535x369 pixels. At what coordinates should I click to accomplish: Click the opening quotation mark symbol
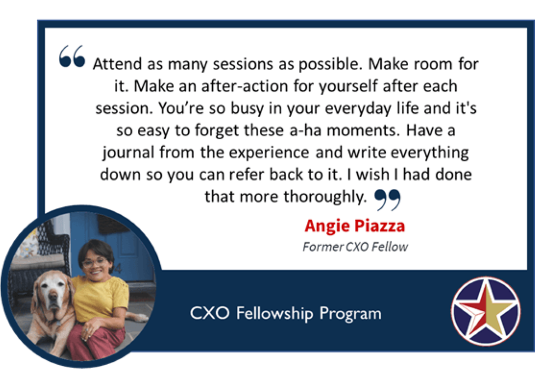pos(72,56)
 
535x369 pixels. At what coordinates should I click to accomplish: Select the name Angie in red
pos(327,226)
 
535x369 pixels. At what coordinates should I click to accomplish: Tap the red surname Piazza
pos(380,226)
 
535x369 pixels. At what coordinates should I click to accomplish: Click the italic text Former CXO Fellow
pos(355,246)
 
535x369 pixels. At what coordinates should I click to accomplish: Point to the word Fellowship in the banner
pos(274,313)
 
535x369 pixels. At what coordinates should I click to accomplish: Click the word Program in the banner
pos(351,314)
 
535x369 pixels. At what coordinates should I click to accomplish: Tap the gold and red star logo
pos(486,311)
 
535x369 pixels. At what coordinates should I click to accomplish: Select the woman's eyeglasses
pos(94,262)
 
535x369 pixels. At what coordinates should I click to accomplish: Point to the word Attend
pos(117,64)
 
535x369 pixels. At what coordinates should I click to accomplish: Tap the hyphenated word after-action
pos(245,86)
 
